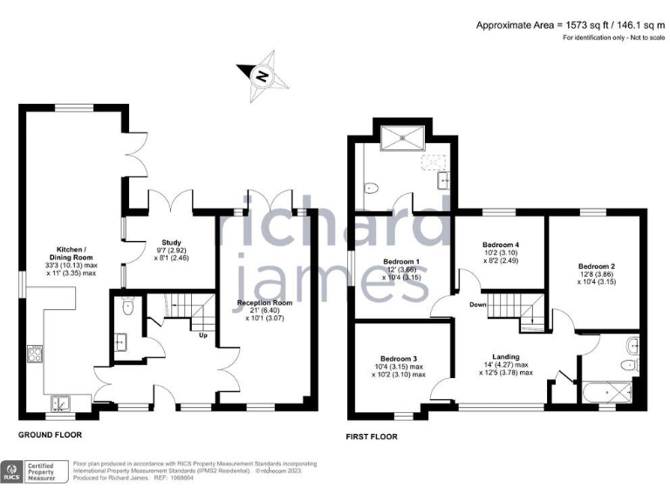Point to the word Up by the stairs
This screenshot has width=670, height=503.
tap(203, 335)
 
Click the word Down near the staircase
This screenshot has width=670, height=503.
tap(476, 306)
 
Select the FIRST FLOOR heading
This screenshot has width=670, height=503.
tap(374, 434)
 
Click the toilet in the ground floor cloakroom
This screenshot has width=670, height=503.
tap(128, 307)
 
